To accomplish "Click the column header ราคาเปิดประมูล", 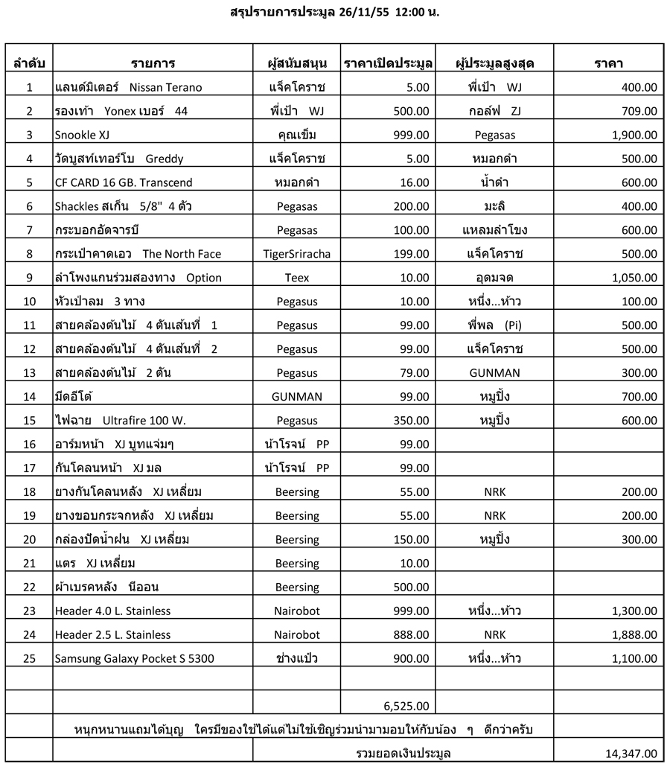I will point(388,64).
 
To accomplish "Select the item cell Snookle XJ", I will point(81,135).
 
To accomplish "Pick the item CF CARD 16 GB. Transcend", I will point(124,182).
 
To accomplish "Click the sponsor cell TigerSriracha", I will point(296,254).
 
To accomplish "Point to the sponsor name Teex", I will point(296,278).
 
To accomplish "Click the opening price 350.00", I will point(412,421).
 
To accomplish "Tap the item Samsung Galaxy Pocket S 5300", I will point(135,659).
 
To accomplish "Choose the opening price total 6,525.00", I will point(406,706).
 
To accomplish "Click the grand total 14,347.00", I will point(631,754).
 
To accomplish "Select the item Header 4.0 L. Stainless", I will point(112,611).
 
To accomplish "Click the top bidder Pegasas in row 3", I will point(494,135).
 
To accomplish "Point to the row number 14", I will point(29,397).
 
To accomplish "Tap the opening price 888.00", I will point(412,635).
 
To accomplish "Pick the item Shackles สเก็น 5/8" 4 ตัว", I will point(124,206).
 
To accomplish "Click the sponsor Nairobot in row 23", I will point(296,611).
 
